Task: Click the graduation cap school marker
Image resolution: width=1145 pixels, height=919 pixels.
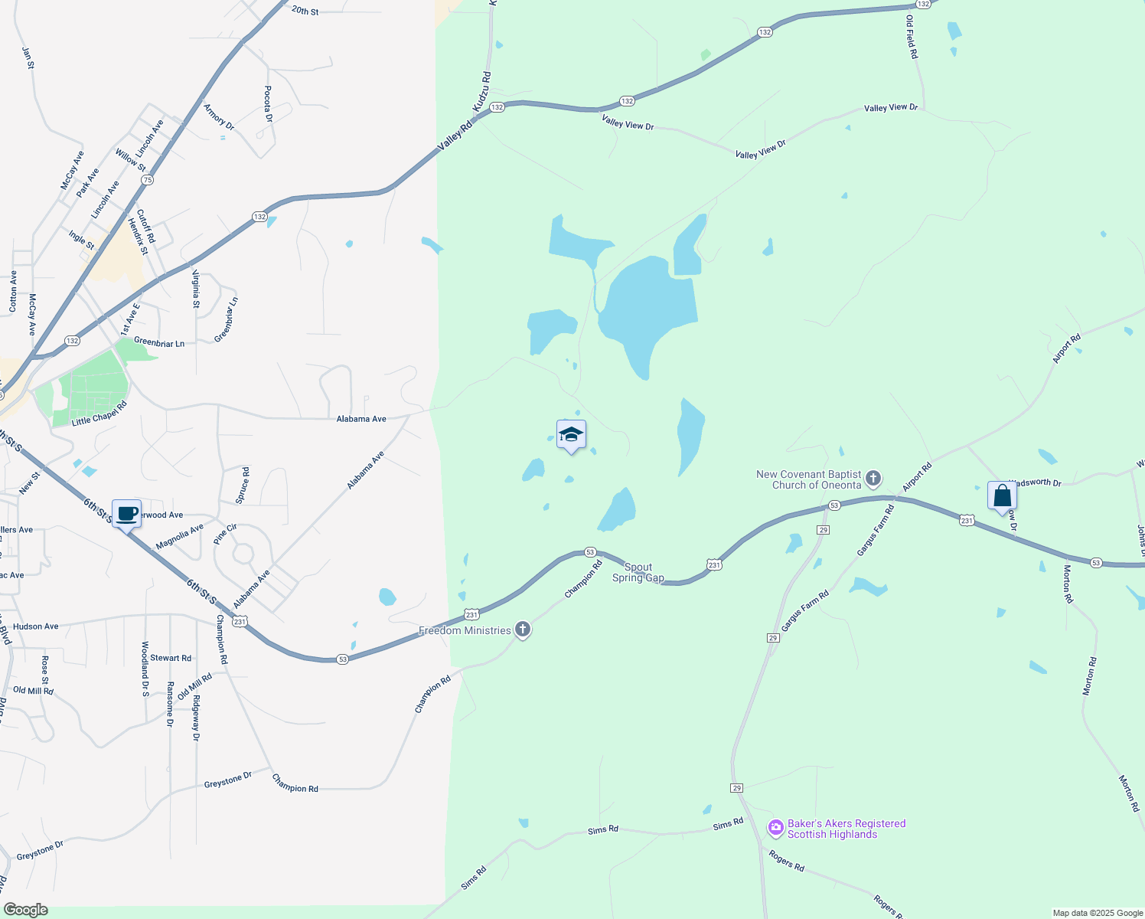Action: pyautogui.click(x=571, y=436)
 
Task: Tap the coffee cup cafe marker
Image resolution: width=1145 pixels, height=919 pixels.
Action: pyautogui.click(x=127, y=514)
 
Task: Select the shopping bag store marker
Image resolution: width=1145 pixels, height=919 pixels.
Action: pyautogui.click(x=1002, y=496)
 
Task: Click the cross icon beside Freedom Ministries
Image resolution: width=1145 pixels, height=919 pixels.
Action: pyautogui.click(x=523, y=630)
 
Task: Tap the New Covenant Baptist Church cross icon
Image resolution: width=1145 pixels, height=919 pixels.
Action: pyautogui.click(x=873, y=479)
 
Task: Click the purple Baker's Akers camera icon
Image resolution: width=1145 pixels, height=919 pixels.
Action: pyautogui.click(x=775, y=828)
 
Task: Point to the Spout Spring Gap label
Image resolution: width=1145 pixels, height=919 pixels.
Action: pyautogui.click(x=638, y=573)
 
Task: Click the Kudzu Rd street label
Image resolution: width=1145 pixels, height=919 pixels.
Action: pyautogui.click(x=482, y=92)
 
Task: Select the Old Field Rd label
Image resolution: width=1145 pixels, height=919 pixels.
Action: pyautogui.click(x=912, y=37)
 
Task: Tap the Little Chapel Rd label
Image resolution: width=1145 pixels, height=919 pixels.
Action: pyautogui.click(x=99, y=414)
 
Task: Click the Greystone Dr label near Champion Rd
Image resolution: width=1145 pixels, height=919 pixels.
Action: pyautogui.click(x=228, y=780)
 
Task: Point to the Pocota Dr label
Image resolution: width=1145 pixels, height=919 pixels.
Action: pyautogui.click(x=268, y=104)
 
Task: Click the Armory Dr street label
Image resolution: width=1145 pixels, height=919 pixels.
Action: pyautogui.click(x=219, y=116)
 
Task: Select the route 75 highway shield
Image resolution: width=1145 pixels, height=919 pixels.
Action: pyautogui.click(x=147, y=180)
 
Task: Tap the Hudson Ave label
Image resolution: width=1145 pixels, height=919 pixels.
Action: pyautogui.click(x=36, y=626)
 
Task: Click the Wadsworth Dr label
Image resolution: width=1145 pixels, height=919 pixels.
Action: pyautogui.click(x=1036, y=482)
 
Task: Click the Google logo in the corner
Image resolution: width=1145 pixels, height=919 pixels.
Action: pyautogui.click(x=26, y=910)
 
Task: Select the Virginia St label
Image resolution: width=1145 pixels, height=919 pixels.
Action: pyautogui.click(x=196, y=289)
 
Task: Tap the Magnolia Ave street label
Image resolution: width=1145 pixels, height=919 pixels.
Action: pyautogui.click(x=180, y=537)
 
